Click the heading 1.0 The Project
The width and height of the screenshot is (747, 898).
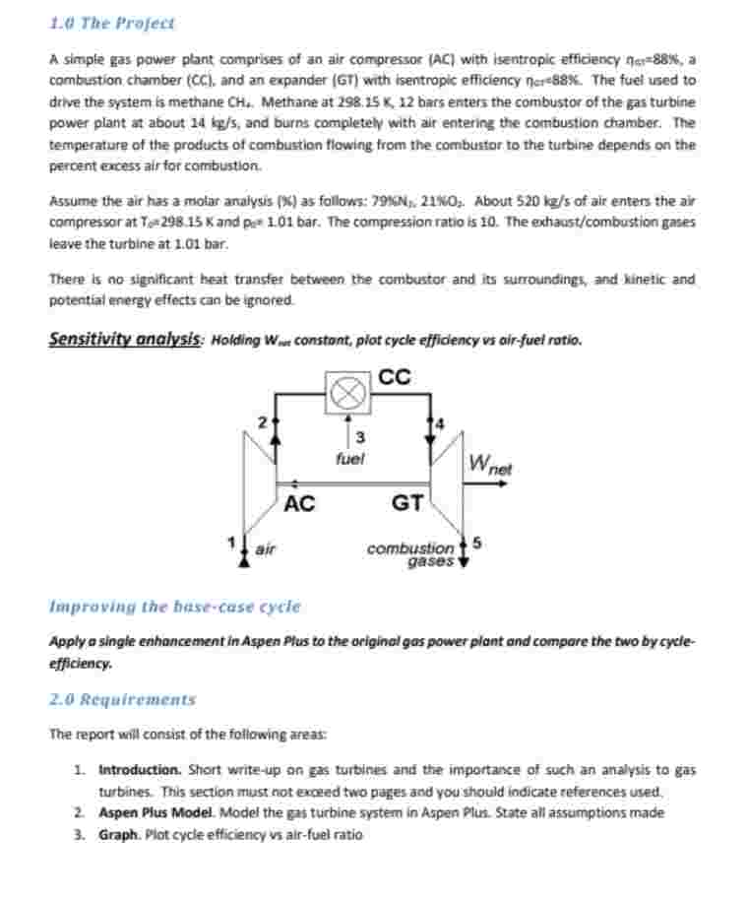111,23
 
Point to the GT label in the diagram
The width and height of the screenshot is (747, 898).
407,505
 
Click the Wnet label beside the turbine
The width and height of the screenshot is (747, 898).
490,463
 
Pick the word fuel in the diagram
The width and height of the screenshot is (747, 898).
348,458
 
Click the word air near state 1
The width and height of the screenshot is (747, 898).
265,550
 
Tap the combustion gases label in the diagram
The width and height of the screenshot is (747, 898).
410,554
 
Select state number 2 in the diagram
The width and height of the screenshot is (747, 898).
262,421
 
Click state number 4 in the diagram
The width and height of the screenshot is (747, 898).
440,422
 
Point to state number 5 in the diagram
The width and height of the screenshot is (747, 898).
477,542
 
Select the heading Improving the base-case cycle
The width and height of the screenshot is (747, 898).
174,607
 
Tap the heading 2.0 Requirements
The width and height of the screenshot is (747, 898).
122,700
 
